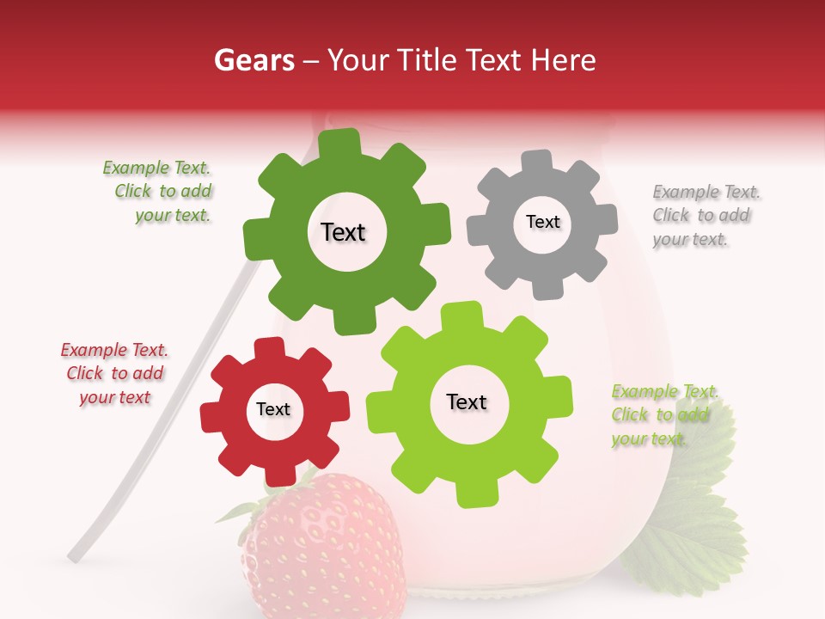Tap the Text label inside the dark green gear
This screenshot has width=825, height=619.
[343, 232]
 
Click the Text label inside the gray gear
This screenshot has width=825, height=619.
[542, 222]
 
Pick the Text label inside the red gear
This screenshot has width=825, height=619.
[273, 410]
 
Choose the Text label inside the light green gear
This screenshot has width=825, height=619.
[467, 401]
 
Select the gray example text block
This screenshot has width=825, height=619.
[706, 215]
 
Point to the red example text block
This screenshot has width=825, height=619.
[115, 374]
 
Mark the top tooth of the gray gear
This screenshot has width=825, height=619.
[537, 161]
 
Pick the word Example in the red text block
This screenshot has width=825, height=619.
[93, 350]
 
